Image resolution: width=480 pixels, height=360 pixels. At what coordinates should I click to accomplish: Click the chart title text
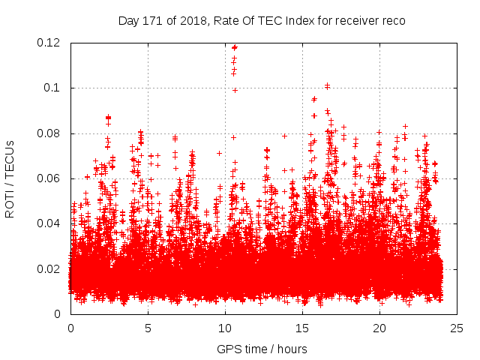coord(262,21)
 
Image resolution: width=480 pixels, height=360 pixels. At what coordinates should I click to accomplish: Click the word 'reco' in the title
coord(393,21)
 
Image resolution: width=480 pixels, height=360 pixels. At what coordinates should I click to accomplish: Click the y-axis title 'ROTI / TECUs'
coord(10,178)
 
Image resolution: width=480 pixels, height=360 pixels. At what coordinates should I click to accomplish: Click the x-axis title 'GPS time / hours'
coord(262,349)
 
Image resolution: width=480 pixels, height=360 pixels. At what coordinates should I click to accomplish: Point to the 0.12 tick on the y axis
coord(51,43)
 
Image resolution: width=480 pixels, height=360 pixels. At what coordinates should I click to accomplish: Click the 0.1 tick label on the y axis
coord(55,88)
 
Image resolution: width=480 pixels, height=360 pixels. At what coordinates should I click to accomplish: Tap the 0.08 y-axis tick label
coord(51,133)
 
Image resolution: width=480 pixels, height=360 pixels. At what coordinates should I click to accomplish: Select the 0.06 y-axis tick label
coord(51,178)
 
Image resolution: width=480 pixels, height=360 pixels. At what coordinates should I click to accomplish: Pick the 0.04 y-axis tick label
coord(51,223)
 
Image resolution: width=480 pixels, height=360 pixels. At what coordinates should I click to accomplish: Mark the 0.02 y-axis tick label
coord(51,268)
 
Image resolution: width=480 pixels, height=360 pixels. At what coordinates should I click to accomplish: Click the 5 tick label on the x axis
coord(148,328)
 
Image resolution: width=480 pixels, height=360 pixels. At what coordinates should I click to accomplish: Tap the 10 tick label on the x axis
coord(225,328)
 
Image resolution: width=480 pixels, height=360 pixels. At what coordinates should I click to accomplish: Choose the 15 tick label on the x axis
coord(302,328)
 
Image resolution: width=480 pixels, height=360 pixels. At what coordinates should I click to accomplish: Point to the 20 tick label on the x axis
coord(379,328)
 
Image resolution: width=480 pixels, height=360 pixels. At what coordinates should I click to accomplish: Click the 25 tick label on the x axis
coord(457,328)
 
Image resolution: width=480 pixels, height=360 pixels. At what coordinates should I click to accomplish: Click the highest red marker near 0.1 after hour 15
coord(327,85)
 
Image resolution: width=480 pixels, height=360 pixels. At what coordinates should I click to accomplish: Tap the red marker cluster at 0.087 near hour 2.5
coord(108,118)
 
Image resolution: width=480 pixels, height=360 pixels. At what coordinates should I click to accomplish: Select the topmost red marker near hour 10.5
coord(235,47)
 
